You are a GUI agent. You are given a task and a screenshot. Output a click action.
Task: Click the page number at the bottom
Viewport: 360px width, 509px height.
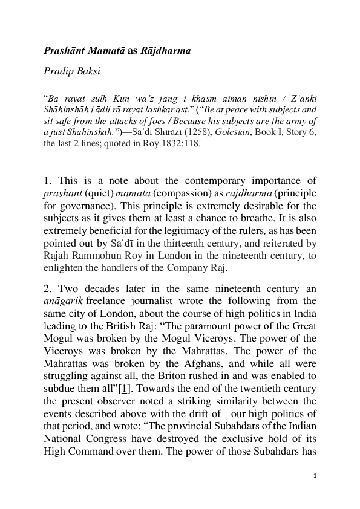click(x=315, y=476)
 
